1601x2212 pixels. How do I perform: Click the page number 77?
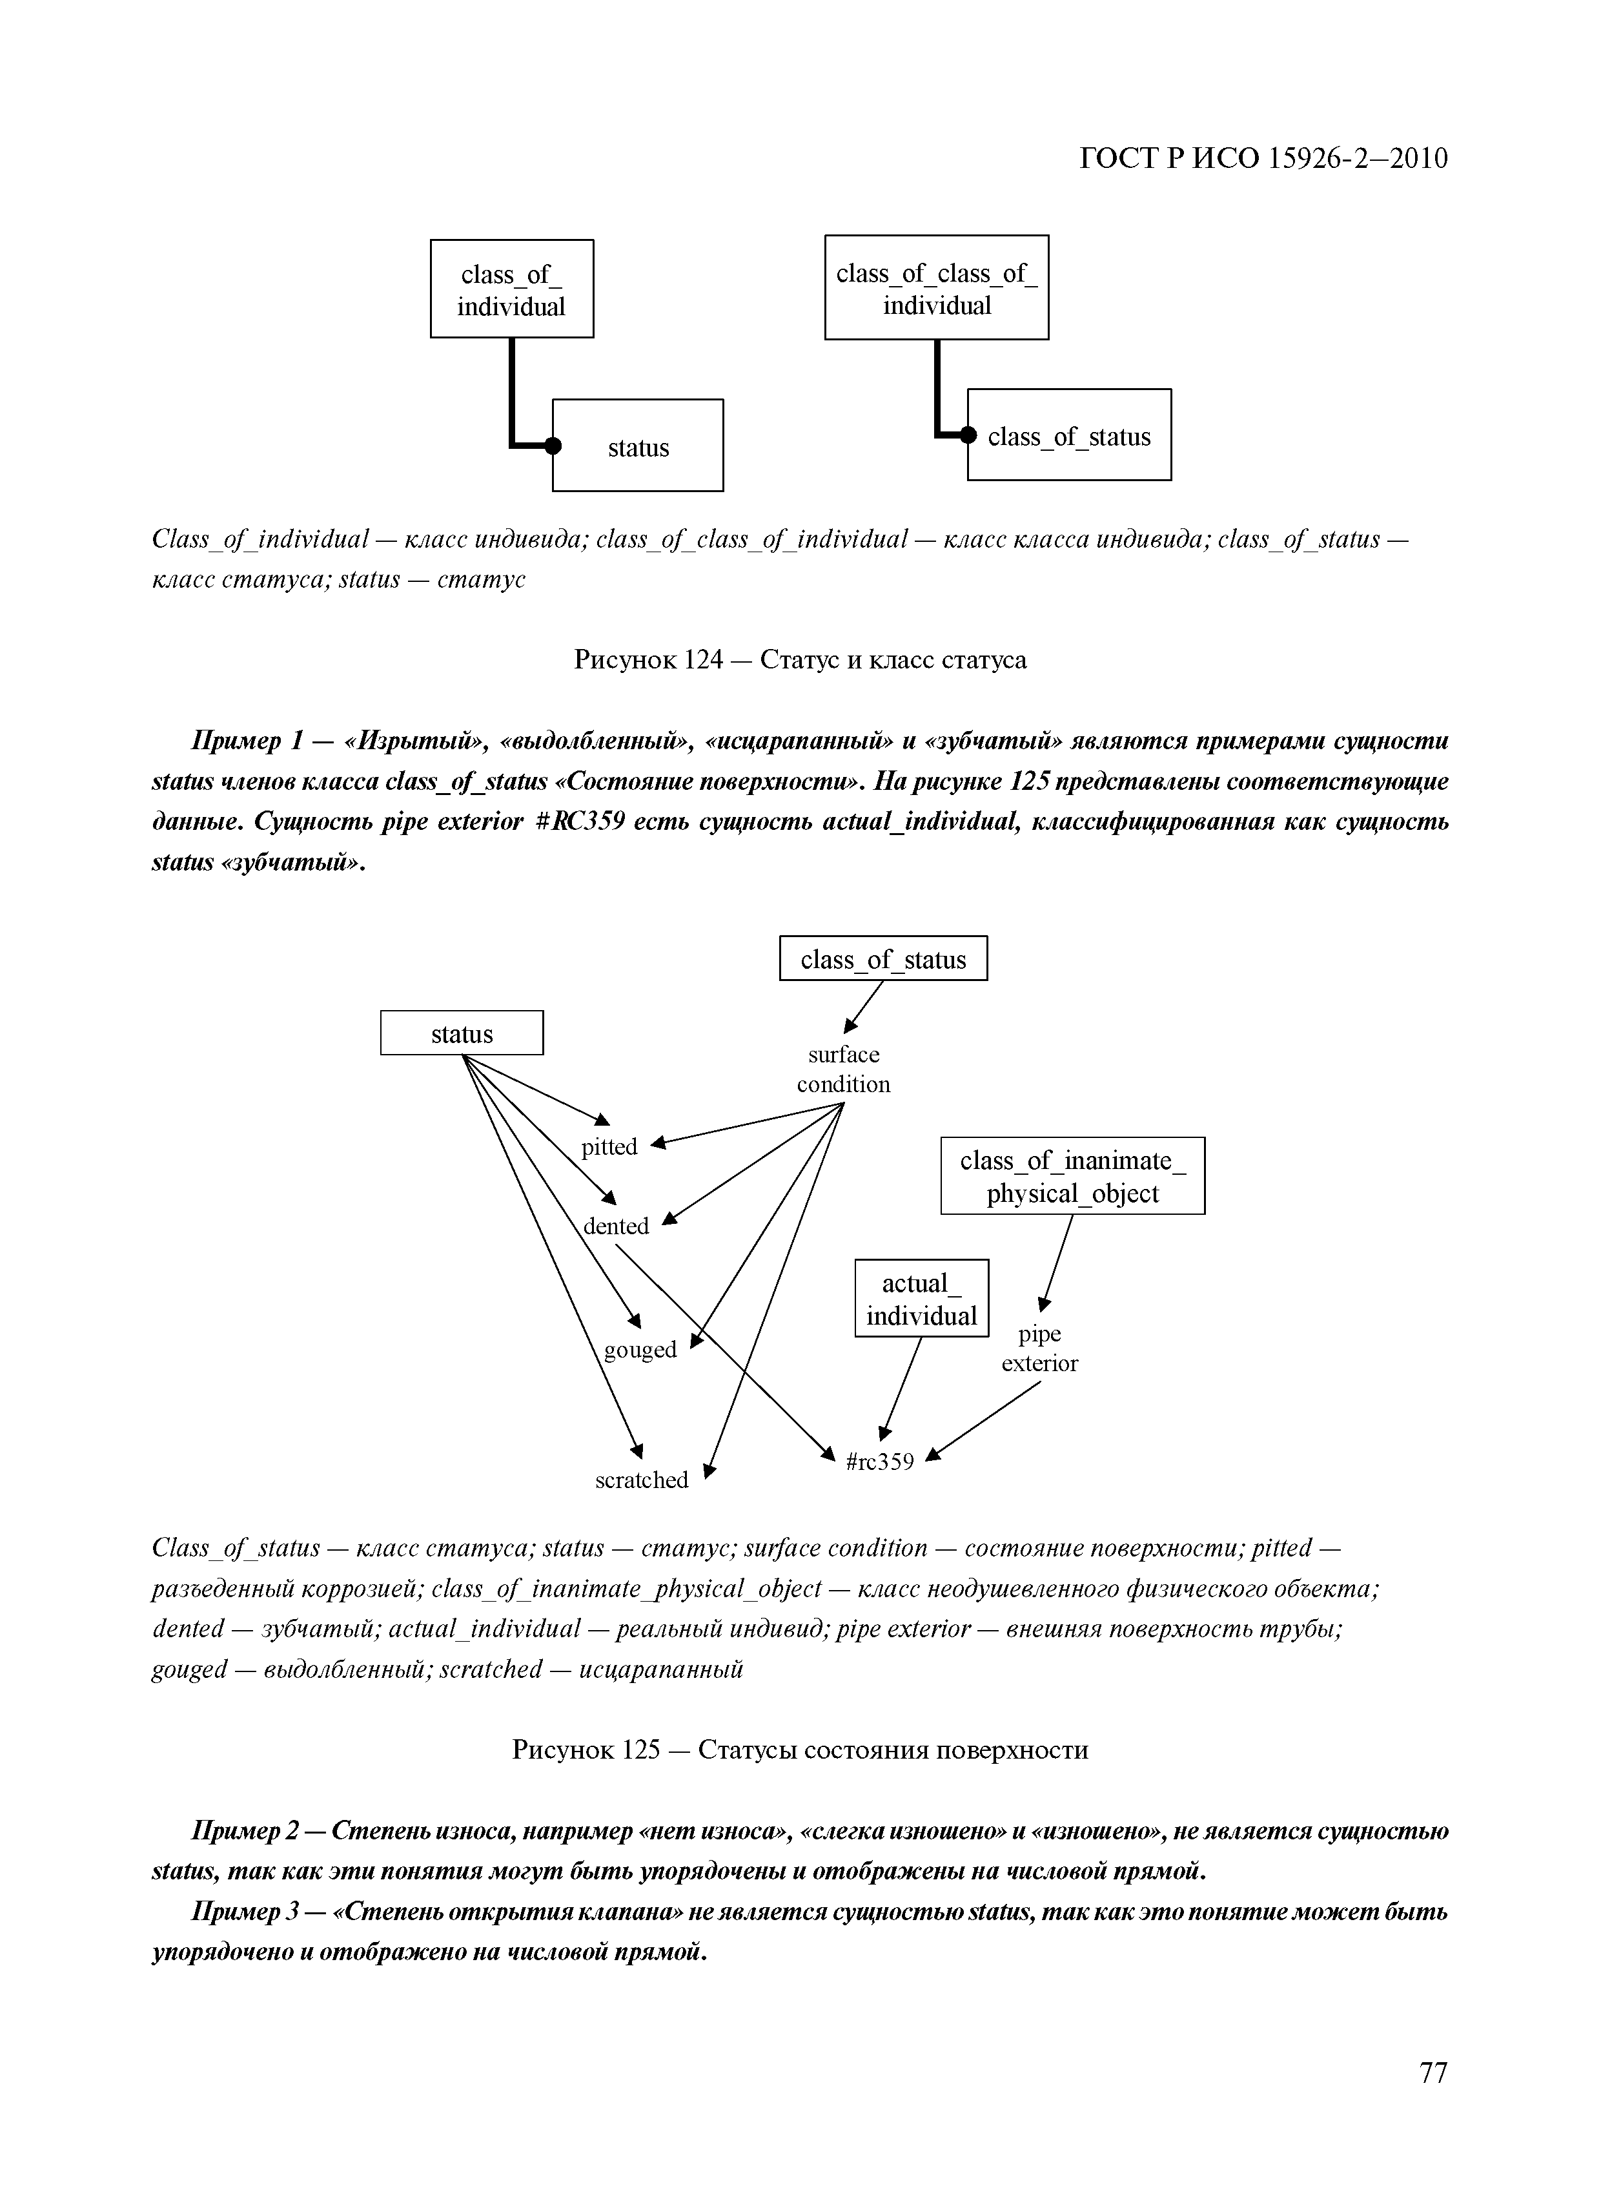click(x=1433, y=2100)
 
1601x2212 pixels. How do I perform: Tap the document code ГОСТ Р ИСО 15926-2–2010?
click(x=1263, y=158)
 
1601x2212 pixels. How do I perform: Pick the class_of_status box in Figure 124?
click(x=1070, y=436)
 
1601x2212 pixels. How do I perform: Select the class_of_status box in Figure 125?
click(x=883, y=958)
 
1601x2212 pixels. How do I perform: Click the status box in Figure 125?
click(x=462, y=1033)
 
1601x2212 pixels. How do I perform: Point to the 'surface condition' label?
click(x=843, y=1069)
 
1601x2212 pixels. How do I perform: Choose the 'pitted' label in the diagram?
click(x=609, y=1147)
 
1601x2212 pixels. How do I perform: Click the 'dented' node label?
click(x=617, y=1226)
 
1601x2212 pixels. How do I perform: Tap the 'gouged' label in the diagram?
click(x=640, y=1349)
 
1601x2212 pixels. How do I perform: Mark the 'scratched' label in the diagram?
click(x=642, y=1480)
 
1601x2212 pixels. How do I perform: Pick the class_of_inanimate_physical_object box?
click(x=1072, y=1176)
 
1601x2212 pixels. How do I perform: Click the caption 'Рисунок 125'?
click(x=799, y=1750)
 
